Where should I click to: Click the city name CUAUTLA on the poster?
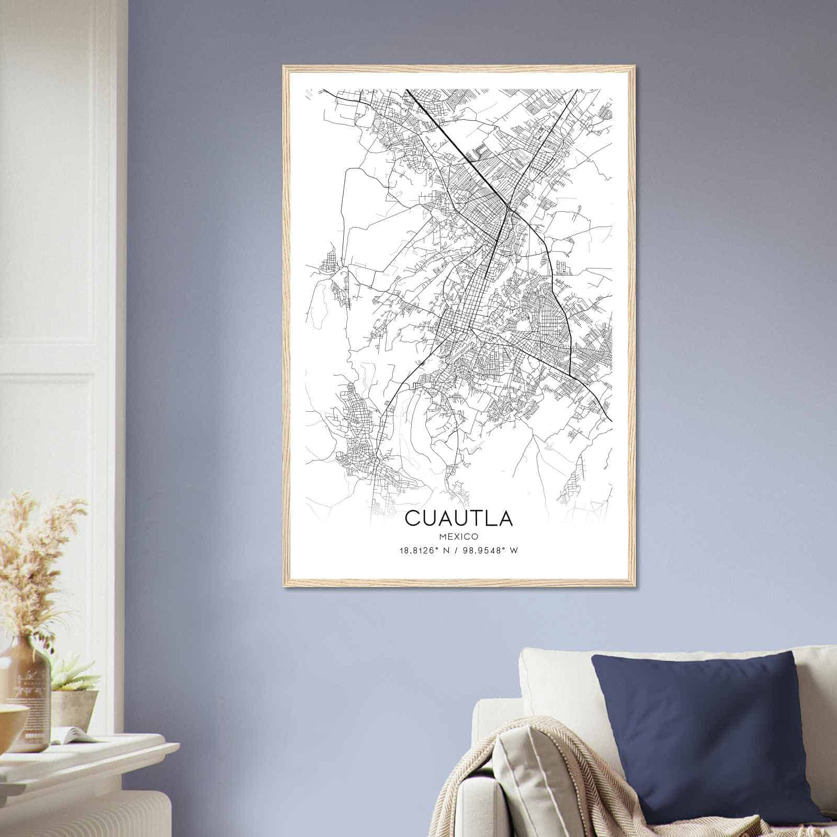459,518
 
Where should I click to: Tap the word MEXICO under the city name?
459,536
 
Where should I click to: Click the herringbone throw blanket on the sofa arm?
544,785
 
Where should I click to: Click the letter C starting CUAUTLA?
412,518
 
